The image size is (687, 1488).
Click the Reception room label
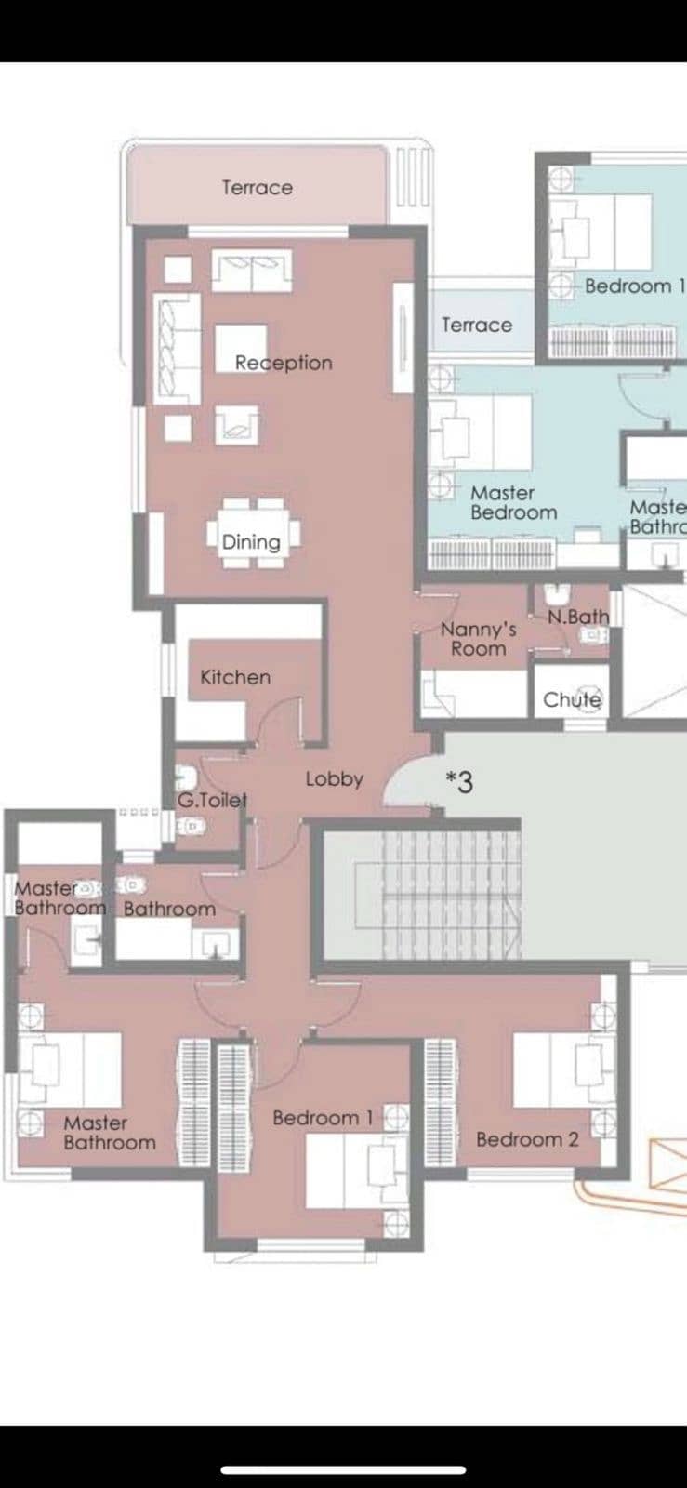[x=284, y=363]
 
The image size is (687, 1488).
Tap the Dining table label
[x=251, y=542]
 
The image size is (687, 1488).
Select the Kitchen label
[x=235, y=677]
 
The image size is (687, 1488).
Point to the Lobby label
[x=335, y=778]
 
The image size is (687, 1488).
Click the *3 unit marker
[x=459, y=782]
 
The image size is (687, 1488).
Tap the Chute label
[x=572, y=699]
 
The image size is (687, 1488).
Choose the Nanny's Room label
[x=479, y=638]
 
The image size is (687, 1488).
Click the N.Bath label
[x=578, y=617]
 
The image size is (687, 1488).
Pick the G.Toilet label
[x=212, y=801]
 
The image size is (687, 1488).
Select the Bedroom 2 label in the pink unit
[x=527, y=1139]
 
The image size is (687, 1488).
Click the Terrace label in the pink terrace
[x=258, y=187]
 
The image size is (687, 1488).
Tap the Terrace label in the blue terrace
[x=477, y=325]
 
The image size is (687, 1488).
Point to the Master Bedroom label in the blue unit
[x=514, y=503]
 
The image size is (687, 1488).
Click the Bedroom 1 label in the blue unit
[x=635, y=286]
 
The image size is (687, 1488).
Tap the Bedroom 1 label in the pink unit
[x=324, y=1118]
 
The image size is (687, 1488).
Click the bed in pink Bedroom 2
[x=564, y=1070]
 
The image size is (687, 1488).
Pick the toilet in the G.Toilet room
[x=187, y=777]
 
